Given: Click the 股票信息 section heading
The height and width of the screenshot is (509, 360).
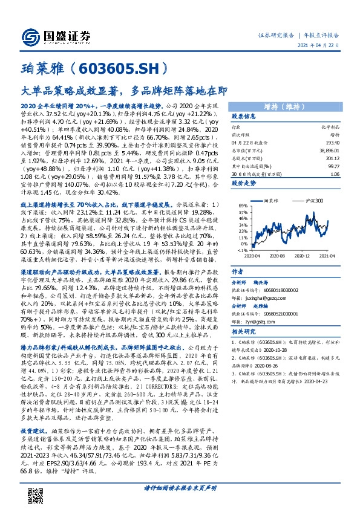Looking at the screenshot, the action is pyautogui.click(x=244, y=117).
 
